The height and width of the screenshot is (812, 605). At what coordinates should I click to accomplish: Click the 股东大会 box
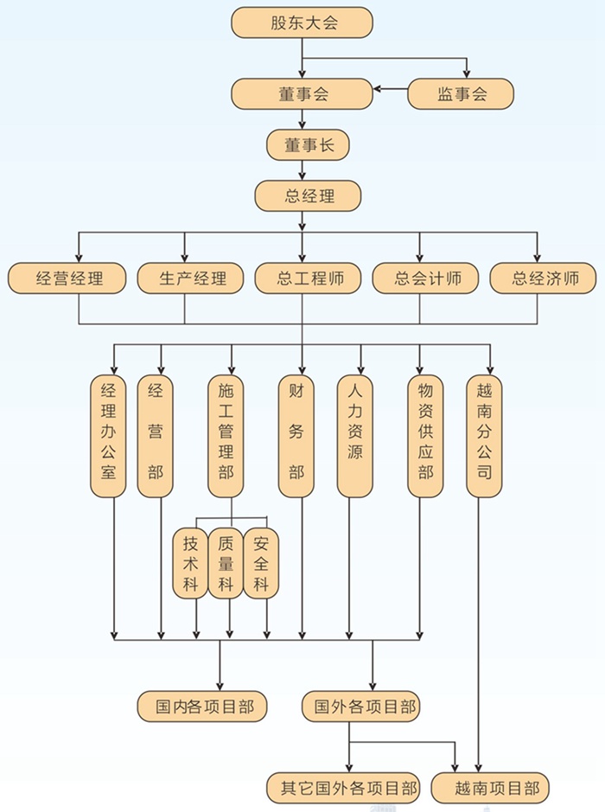click(x=302, y=22)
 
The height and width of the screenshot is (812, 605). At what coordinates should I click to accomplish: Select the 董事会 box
click(x=302, y=93)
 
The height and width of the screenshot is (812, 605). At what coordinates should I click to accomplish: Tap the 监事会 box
click(x=461, y=93)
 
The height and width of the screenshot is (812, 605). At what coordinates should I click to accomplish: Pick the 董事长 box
click(x=308, y=144)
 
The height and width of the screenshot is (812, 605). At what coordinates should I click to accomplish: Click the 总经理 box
click(x=308, y=195)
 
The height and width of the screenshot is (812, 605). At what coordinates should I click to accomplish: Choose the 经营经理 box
click(x=67, y=278)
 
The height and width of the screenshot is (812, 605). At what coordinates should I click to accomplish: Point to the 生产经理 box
click(x=192, y=278)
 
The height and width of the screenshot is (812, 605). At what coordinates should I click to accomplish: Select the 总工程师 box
click(x=308, y=278)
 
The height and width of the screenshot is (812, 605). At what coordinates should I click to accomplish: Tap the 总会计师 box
click(x=426, y=278)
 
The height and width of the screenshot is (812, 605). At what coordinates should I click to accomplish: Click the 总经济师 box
click(x=542, y=278)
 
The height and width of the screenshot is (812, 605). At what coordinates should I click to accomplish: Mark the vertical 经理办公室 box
click(x=108, y=435)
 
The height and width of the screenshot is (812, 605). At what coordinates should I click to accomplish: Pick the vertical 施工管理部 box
click(x=226, y=435)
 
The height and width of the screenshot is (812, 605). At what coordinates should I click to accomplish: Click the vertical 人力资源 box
click(x=355, y=435)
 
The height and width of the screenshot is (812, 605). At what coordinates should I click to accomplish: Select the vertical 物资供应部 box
click(x=424, y=435)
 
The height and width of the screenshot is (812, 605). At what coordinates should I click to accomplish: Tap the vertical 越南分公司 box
click(x=484, y=435)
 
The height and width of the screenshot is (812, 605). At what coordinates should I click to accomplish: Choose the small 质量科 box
click(x=226, y=563)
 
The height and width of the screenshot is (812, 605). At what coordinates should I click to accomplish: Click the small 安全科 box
click(x=261, y=563)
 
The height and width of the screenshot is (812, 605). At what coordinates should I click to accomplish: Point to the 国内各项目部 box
click(x=202, y=706)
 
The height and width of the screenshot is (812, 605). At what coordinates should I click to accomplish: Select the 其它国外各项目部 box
click(x=343, y=787)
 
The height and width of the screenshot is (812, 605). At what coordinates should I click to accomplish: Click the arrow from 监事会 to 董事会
click(x=390, y=88)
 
